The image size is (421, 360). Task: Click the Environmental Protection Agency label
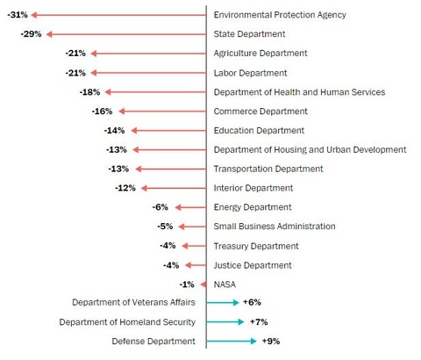(280, 15)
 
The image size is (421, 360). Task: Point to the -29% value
(32, 34)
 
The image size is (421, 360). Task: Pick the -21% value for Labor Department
(75, 73)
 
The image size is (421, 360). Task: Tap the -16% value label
(102, 112)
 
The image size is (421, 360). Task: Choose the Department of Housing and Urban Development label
(310, 149)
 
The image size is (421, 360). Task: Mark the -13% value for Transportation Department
(118, 169)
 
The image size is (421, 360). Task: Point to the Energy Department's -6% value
(160, 207)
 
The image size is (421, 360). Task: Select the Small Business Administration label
(275, 227)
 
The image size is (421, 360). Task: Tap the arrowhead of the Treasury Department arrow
(187, 246)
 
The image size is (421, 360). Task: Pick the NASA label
(225, 284)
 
